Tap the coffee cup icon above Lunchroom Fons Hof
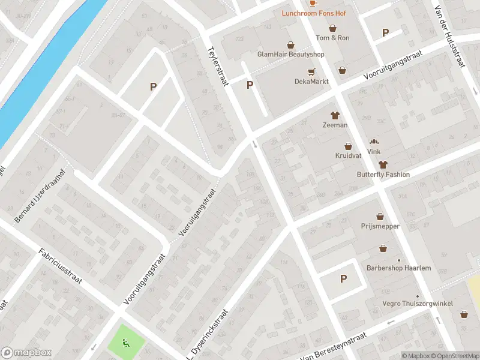point(313,3)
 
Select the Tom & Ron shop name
point(332,38)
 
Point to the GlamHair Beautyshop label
point(290,54)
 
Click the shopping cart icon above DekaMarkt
point(311,71)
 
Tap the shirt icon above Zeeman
point(335,115)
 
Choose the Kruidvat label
point(348,155)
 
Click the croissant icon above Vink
point(374,142)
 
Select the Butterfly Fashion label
point(383,175)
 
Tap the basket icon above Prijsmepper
point(380,217)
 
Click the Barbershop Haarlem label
point(399,268)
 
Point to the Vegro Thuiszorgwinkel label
point(418,304)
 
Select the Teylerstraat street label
point(218,66)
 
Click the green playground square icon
point(126,343)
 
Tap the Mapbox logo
point(26,353)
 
